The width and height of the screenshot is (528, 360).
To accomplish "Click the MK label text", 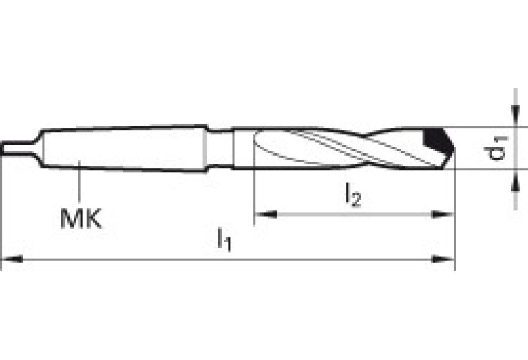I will [x=81, y=220].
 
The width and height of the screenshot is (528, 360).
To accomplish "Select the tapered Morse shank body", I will [x=124, y=147].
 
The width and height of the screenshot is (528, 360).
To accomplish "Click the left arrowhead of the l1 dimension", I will [x=10, y=260].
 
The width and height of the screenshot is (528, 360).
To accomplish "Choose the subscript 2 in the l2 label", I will [x=357, y=200].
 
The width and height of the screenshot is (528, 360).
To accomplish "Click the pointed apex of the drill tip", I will [x=454, y=147].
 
